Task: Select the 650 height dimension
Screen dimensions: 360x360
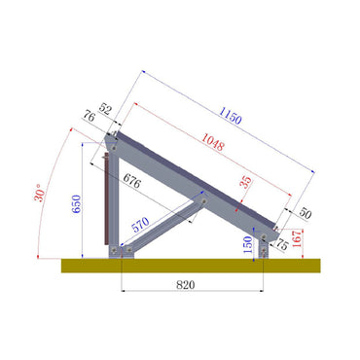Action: coord(75,204)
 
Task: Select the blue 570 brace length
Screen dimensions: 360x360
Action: coord(141,224)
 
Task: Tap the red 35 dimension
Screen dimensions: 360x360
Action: coord(245,181)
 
